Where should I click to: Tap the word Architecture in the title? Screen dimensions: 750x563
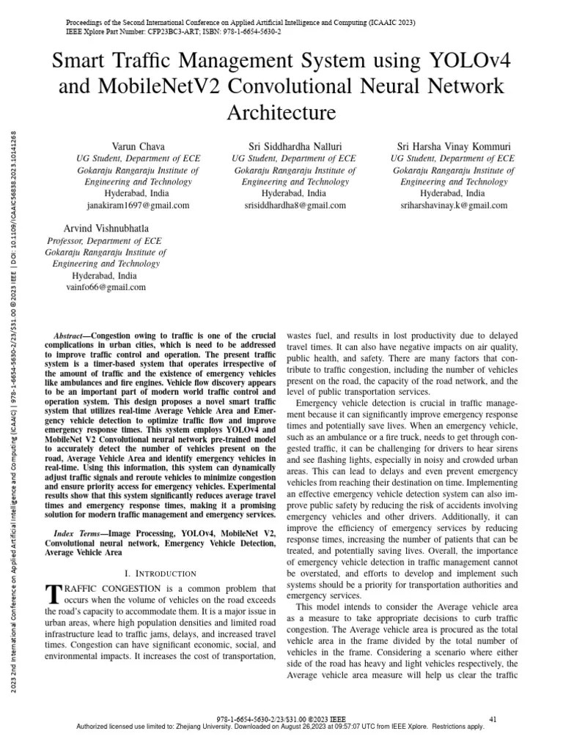281,112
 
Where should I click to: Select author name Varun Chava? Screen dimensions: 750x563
138,146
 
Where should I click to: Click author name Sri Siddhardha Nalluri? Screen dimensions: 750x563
295,146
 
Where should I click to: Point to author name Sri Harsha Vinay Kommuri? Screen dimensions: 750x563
453,146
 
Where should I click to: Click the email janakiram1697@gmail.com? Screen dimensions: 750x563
138,205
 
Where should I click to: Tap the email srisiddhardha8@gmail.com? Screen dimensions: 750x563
295,205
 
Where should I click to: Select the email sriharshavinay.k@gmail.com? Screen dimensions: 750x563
453,205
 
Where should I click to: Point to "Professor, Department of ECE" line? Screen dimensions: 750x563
104,240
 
